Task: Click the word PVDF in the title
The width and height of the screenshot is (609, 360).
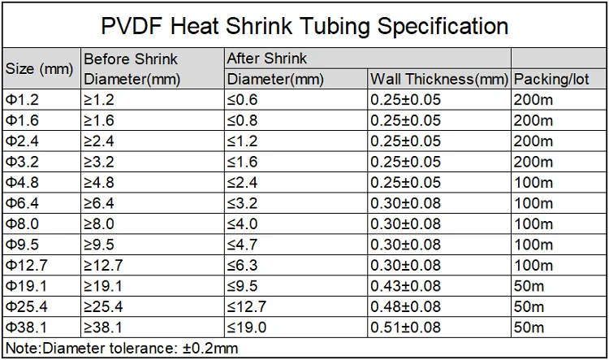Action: pyautogui.click(x=131, y=26)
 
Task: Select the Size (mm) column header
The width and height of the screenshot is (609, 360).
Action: pyautogui.click(x=39, y=69)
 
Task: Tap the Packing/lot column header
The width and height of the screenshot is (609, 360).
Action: pyautogui.click(x=551, y=80)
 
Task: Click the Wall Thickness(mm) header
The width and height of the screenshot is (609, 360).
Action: pyautogui.click(x=439, y=80)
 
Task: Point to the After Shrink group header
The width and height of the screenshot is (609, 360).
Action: pyautogui.click(x=267, y=59)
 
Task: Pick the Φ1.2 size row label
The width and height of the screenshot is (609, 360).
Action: pyautogui.click(x=22, y=100)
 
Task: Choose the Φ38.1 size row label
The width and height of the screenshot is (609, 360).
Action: pyautogui.click(x=27, y=327)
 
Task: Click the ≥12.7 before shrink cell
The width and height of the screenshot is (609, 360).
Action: pyautogui.click(x=103, y=265)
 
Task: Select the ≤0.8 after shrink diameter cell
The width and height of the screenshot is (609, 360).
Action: pyautogui.click(x=242, y=120)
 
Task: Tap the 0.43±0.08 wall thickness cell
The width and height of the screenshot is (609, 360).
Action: pyautogui.click(x=405, y=286)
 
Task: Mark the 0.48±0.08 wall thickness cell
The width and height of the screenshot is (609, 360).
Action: pyautogui.click(x=405, y=306)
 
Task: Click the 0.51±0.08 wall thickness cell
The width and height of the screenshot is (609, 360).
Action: pyautogui.click(x=405, y=327)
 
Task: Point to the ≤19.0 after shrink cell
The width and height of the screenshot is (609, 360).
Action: pyautogui.click(x=247, y=327)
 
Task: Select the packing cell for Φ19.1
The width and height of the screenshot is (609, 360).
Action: pyautogui.click(x=529, y=286)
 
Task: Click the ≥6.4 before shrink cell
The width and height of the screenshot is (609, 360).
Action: pyautogui.click(x=98, y=203)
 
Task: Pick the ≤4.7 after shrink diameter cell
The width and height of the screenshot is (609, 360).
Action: pyautogui.click(x=242, y=245)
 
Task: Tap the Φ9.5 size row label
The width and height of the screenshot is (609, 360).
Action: pyautogui.click(x=22, y=245)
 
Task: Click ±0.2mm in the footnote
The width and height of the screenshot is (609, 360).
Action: pyautogui.click(x=210, y=348)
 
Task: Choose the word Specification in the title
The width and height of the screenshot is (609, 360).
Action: pyautogui.click(x=443, y=27)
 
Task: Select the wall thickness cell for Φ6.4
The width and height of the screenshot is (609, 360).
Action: pyautogui.click(x=405, y=203)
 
